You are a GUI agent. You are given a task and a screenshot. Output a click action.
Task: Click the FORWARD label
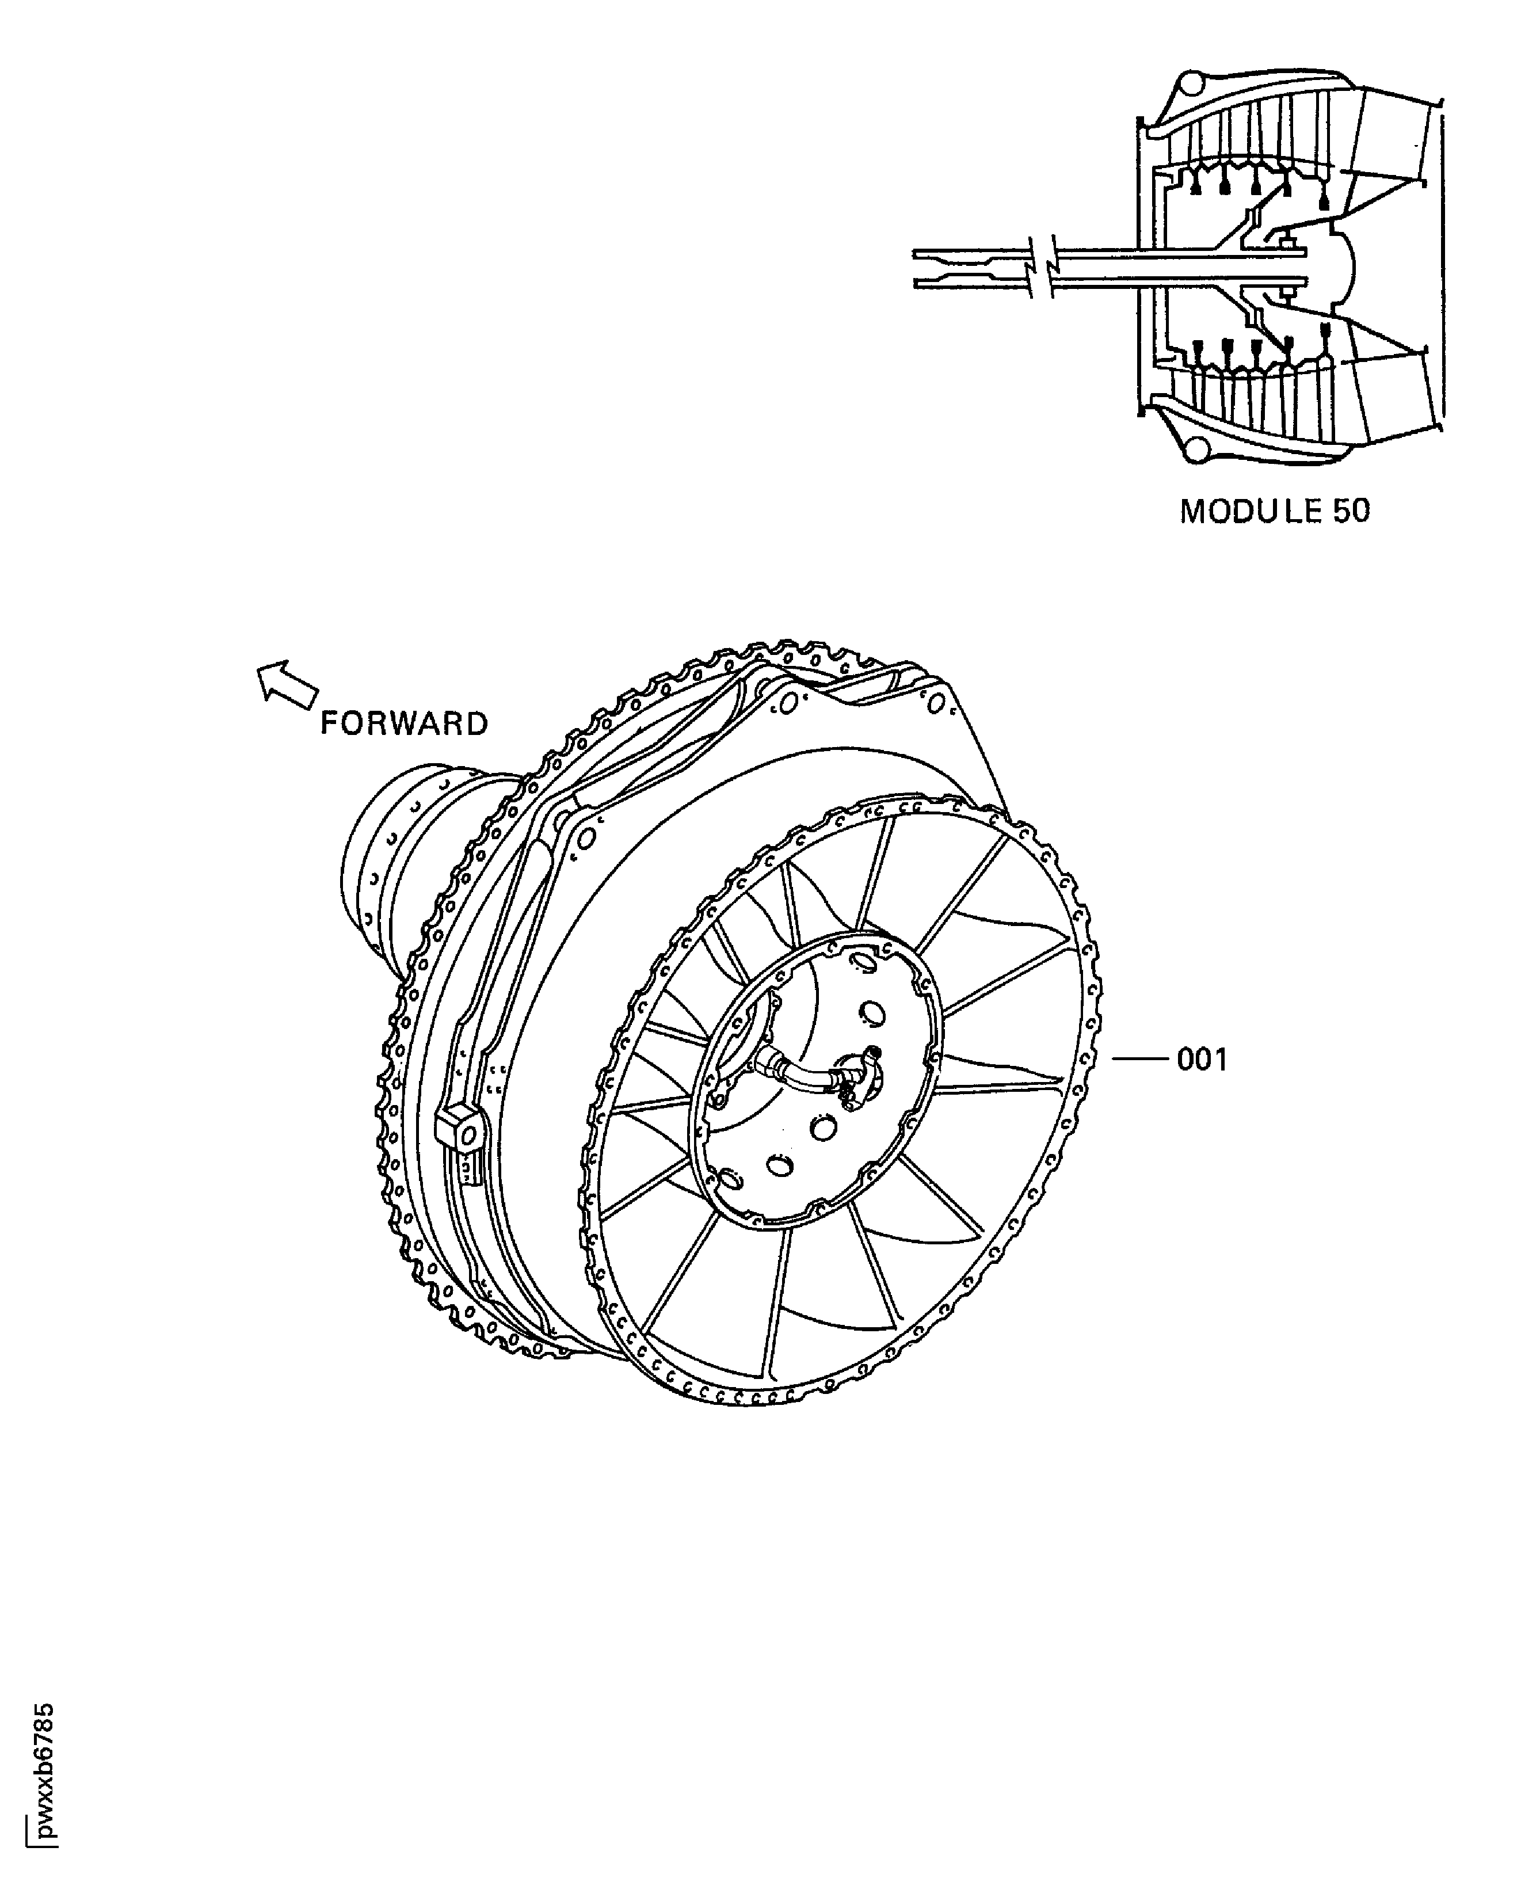[404, 724]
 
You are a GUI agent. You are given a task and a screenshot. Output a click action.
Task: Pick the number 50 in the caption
[1351, 512]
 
